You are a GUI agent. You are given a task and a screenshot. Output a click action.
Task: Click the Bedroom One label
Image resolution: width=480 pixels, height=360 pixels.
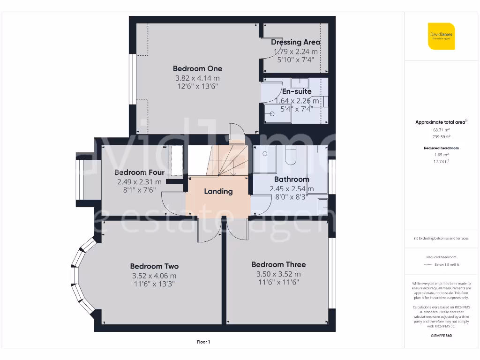pyautogui.click(x=197, y=69)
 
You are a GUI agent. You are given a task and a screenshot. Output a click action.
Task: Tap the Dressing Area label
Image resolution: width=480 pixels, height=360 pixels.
pyautogui.click(x=296, y=42)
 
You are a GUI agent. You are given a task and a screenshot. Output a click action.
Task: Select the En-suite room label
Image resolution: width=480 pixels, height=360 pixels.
pyautogui.click(x=297, y=92)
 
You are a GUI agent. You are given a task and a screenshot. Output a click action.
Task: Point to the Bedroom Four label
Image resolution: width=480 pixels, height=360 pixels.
pyautogui.click(x=139, y=172)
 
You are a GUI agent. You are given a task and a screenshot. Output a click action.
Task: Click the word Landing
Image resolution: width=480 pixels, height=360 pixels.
pyautogui.click(x=218, y=191)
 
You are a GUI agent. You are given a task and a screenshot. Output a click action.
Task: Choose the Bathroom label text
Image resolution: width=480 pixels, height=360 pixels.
pyautogui.click(x=292, y=179)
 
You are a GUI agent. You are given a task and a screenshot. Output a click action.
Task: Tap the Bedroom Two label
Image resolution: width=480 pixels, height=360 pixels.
pyautogui.click(x=154, y=266)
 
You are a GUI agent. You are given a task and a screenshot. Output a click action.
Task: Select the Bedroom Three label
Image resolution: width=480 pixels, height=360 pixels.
pyautogui.click(x=278, y=264)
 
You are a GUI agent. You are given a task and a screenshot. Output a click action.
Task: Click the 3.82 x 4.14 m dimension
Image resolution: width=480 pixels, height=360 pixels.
pyautogui.click(x=197, y=78)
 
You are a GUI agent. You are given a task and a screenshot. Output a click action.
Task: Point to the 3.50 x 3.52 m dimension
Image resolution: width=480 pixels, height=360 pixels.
pyautogui.click(x=278, y=274)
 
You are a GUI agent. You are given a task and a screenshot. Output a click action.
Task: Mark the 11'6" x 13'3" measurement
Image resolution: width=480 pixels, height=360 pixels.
pyautogui.click(x=154, y=284)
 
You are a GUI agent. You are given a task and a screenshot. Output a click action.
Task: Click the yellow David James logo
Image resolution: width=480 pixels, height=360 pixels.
pyautogui.click(x=441, y=36)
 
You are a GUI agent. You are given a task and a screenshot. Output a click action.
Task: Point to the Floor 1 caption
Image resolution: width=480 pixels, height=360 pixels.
pyautogui.click(x=203, y=342)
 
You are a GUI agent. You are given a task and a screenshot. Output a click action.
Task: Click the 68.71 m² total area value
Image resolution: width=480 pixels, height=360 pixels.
pyautogui.click(x=441, y=130)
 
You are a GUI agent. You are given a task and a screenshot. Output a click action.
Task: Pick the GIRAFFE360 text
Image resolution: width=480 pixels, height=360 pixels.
pyautogui.click(x=441, y=336)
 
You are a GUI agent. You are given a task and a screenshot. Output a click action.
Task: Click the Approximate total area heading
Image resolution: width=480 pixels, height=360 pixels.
pyautogui.click(x=441, y=122)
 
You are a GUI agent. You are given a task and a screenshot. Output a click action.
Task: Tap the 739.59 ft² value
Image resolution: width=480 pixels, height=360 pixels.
pyautogui.click(x=441, y=137)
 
